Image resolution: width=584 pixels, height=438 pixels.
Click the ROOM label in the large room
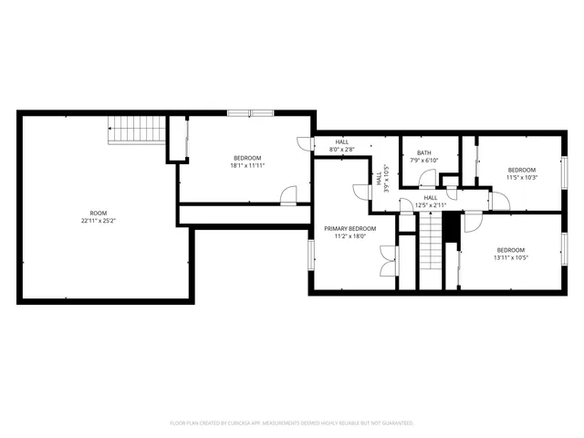click(x=98, y=213)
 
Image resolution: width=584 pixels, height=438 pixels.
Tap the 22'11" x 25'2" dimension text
click(x=98, y=220)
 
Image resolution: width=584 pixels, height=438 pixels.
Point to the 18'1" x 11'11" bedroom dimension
click(x=247, y=165)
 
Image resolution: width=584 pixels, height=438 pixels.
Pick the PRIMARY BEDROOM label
click(x=350, y=227)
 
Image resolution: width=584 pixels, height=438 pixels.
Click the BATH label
click(x=424, y=152)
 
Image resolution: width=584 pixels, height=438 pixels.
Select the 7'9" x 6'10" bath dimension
click(x=424, y=161)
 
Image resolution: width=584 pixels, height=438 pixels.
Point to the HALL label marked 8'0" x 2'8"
click(x=342, y=141)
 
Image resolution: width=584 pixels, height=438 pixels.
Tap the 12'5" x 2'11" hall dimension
click(x=431, y=204)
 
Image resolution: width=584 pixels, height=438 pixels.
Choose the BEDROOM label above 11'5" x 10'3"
click(x=522, y=169)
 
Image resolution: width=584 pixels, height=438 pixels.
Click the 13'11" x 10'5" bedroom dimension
click(x=511, y=257)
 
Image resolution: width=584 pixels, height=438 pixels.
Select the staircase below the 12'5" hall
click(x=431, y=246)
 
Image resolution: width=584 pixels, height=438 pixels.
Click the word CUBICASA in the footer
click(x=240, y=423)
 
